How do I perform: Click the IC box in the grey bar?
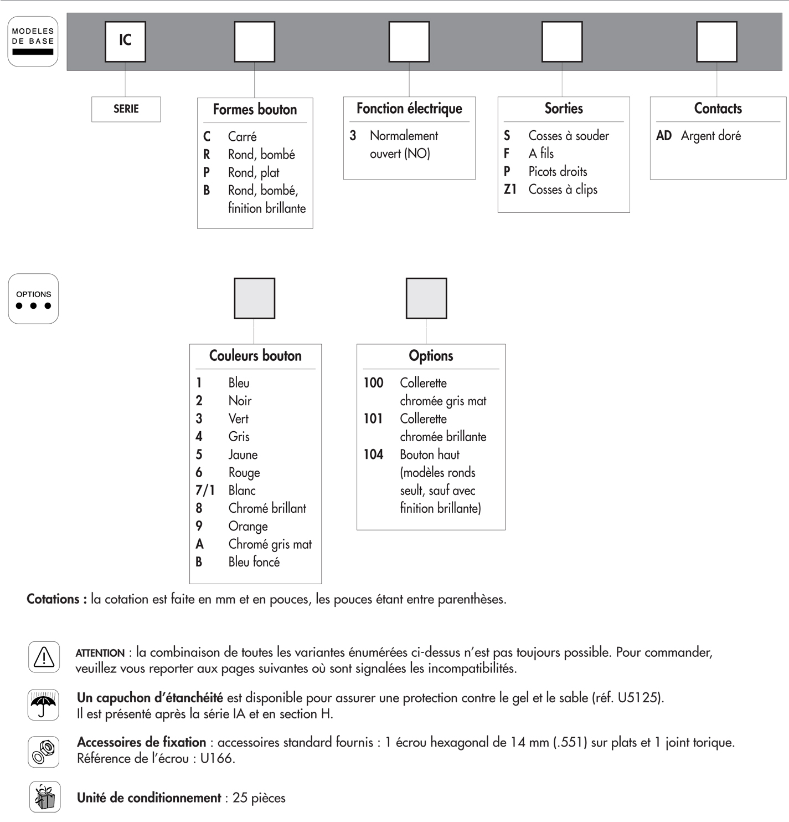(125, 42)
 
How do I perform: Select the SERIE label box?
(126, 109)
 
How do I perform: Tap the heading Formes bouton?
(255, 110)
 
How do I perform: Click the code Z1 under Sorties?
(510, 190)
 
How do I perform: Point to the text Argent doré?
(710, 136)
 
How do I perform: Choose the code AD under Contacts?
(663, 136)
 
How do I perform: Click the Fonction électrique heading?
(409, 109)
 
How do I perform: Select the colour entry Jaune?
(243, 455)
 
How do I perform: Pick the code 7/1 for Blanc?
(204, 491)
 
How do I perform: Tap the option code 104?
(373, 455)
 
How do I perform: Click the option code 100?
(373, 383)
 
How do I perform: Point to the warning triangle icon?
(44, 657)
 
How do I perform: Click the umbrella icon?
(43, 705)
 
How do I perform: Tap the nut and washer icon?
(44, 752)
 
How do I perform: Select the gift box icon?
(44, 797)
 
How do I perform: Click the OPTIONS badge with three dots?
(33, 299)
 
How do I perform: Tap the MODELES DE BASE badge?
(33, 42)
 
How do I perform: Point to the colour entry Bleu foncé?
(254, 562)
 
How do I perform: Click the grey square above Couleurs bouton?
(254, 298)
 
